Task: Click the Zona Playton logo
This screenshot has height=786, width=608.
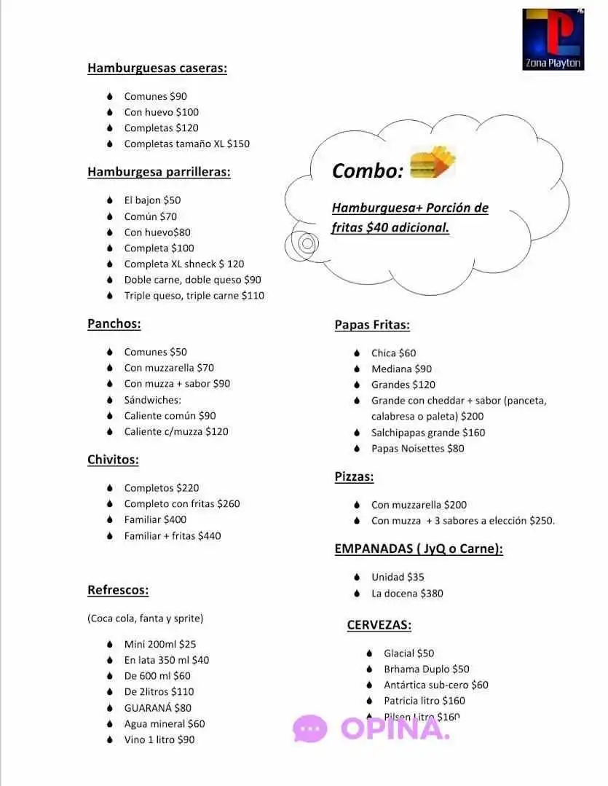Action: pyautogui.click(x=553, y=39)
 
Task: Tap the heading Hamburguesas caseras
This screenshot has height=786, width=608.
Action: pyautogui.click(x=157, y=68)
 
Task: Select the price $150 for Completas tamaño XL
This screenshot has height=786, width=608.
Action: pyautogui.click(x=238, y=144)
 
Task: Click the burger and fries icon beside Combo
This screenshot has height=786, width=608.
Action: pyautogui.click(x=433, y=163)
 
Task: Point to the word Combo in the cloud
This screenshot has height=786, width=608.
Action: pyautogui.click(x=367, y=171)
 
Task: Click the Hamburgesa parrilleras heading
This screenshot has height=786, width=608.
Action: pyautogui.click(x=159, y=173)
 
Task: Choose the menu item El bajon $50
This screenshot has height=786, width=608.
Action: pyautogui.click(x=152, y=200)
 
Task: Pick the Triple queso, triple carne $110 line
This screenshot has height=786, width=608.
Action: pyautogui.click(x=194, y=296)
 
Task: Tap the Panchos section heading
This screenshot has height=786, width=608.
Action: pyautogui.click(x=114, y=324)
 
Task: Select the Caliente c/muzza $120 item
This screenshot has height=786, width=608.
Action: pyautogui.click(x=175, y=432)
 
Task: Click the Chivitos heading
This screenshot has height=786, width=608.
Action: pyautogui.click(x=113, y=460)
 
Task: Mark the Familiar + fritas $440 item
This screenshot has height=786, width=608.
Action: pyautogui.click(x=172, y=536)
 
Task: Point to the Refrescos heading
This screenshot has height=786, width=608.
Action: pyautogui.click(x=118, y=590)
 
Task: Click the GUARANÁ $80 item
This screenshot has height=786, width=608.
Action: pyautogui.click(x=157, y=708)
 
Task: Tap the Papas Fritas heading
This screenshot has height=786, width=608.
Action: pyautogui.click(x=372, y=326)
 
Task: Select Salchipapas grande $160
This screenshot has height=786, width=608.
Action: pyautogui.click(x=428, y=433)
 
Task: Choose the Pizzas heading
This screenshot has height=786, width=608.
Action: pyautogui.click(x=354, y=477)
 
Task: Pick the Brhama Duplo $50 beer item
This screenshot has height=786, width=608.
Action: pyautogui.click(x=427, y=669)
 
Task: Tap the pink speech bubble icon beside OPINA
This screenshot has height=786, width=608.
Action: pyautogui.click(x=310, y=728)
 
